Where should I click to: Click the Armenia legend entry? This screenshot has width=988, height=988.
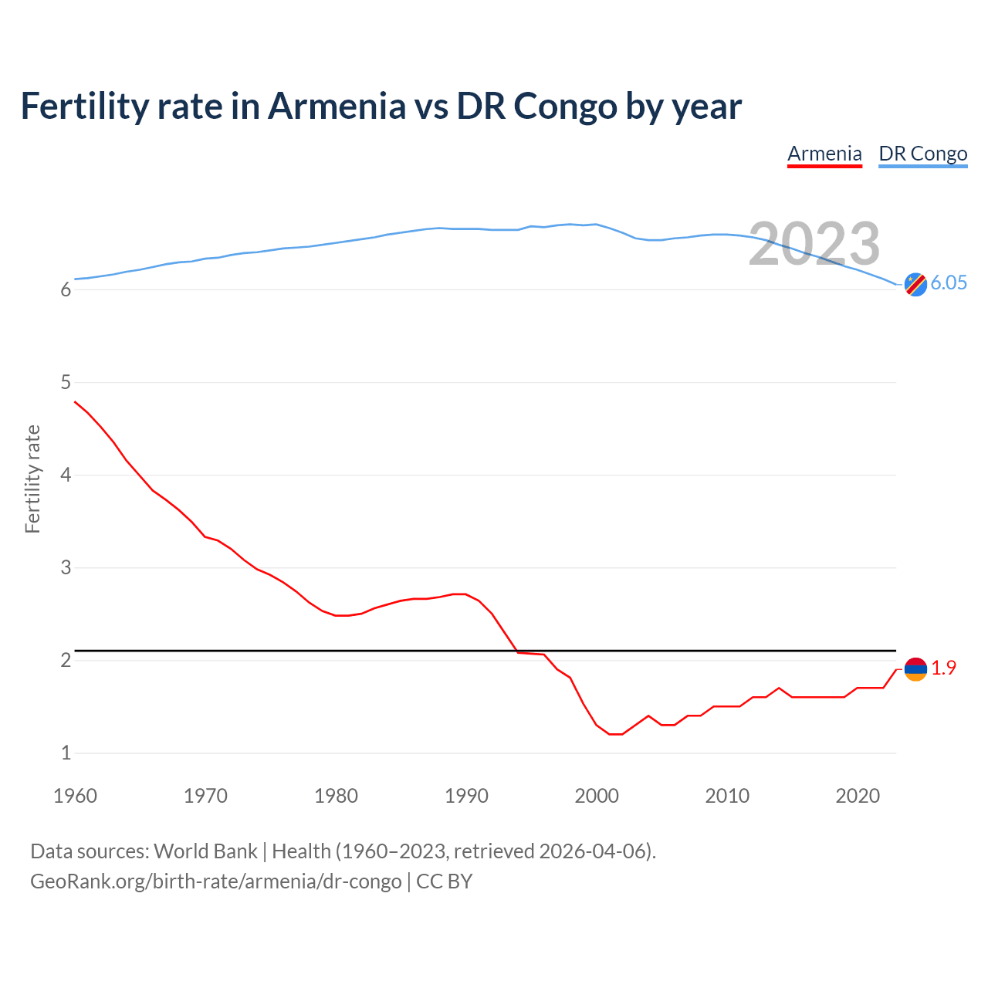click(x=824, y=154)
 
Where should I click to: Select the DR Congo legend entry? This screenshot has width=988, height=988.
click(x=922, y=154)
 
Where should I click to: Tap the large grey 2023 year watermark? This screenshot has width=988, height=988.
click(x=814, y=244)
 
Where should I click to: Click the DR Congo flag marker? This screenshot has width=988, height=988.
click(x=915, y=284)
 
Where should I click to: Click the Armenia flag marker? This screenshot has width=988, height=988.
click(x=915, y=668)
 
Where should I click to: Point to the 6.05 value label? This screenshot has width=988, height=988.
click(x=949, y=283)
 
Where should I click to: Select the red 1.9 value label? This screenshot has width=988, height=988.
click(x=943, y=668)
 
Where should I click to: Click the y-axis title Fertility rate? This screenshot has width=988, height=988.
click(x=32, y=479)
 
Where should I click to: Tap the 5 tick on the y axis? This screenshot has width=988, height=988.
click(x=66, y=382)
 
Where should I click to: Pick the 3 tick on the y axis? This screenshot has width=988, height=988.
click(x=66, y=567)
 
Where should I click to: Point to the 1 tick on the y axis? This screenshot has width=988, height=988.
click(x=66, y=753)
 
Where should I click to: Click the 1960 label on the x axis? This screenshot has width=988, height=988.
click(x=75, y=796)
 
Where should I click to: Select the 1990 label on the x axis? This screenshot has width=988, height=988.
click(x=466, y=796)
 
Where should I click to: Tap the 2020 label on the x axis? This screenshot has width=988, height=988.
click(x=858, y=796)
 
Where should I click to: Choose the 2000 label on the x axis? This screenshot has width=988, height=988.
click(x=597, y=796)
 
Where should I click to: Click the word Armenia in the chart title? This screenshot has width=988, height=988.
click(x=337, y=106)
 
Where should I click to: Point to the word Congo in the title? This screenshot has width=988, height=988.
click(x=566, y=106)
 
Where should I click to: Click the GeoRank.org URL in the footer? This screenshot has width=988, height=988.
click(x=215, y=881)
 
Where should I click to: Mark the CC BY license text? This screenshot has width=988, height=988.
click(x=444, y=881)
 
